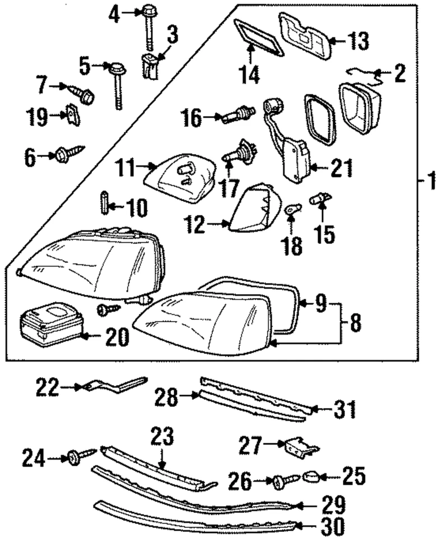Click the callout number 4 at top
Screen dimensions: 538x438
[114, 13]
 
